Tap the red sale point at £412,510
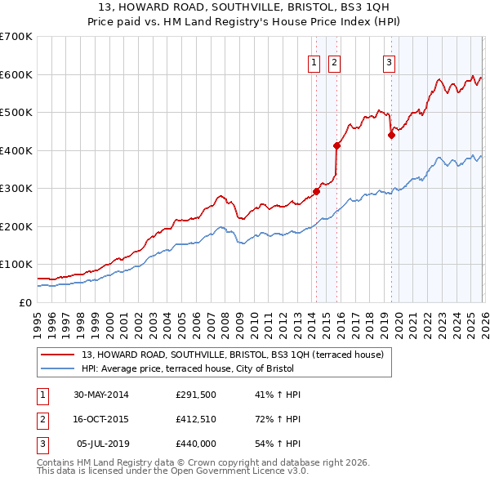(x=336, y=146)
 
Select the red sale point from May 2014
(x=317, y=192)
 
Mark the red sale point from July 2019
(x=391, y=136)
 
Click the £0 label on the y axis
(x=26, y=302)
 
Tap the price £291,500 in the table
(x=197, y=395)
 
